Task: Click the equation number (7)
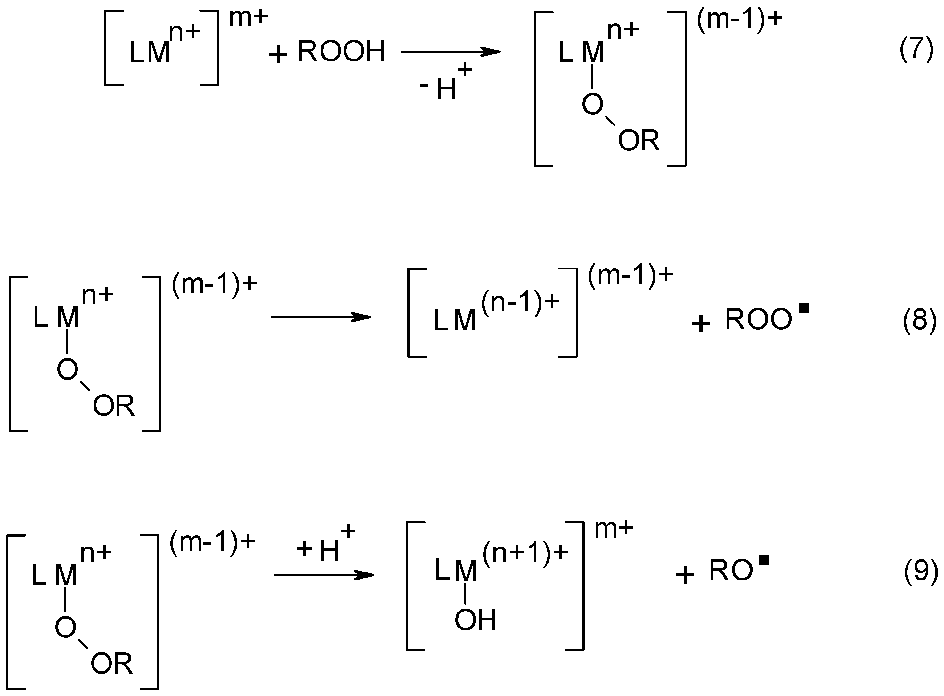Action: tap(916, 50)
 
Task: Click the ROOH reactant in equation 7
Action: tap(341, 52)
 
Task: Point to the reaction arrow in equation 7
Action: tap(450, 52)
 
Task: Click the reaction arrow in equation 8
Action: tap(321, 317)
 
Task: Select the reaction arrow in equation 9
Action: tap(324, 575)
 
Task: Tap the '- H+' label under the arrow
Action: tap(446, 84)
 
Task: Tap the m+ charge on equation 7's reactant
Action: tap(248, 18)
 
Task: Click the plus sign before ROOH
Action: tap(278, 55)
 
